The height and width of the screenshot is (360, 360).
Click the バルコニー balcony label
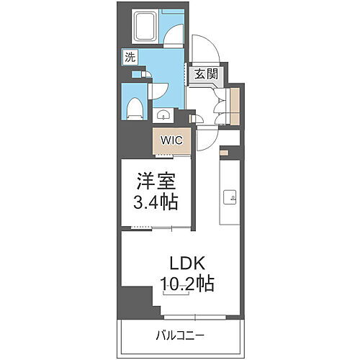(x=180, y=335)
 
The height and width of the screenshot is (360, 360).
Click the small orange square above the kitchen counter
(x=224, y=152)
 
